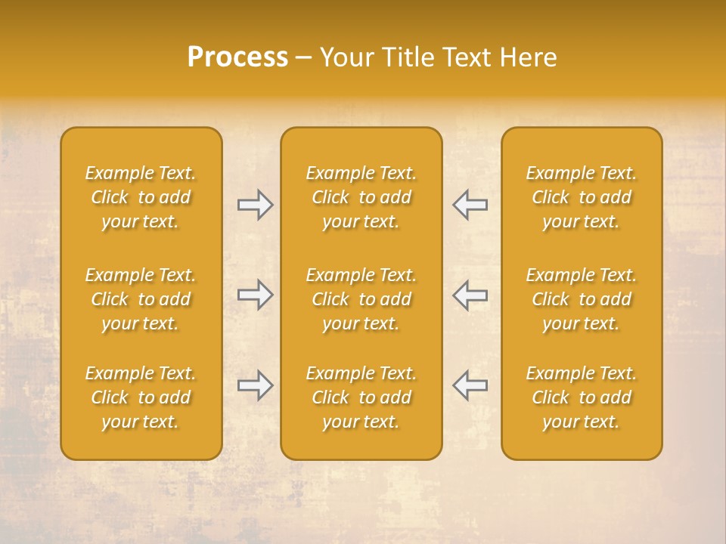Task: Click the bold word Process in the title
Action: pos(237,57)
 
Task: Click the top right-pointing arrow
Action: pos(256,205)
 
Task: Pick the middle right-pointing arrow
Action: pos(256,295)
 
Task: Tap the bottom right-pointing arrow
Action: pos(256,385)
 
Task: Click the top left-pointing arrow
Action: pos(470,205)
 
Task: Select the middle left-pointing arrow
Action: pos(470,295)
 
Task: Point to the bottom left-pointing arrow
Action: pos(470,385)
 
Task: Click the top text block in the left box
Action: pos(141,197)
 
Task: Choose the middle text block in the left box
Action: pos(141,299)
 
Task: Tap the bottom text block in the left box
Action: pos(141,397)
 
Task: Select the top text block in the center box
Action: pos(361,197)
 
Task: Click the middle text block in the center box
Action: pos(361,299)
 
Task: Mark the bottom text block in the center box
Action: pos(361,397)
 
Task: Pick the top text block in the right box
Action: pos(582,197)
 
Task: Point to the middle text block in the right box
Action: pos(582,299)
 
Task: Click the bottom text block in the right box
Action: pos(582,397)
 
